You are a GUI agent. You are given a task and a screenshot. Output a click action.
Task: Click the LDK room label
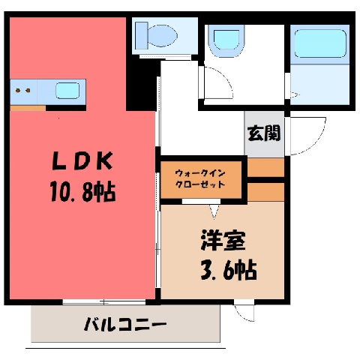[x=82, y=161]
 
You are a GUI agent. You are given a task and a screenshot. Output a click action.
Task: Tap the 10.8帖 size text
[x=83, y=192]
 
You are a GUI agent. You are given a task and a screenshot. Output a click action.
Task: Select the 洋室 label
[x=223, y=241]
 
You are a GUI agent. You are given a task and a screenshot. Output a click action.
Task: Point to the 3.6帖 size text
[x=229, y=270]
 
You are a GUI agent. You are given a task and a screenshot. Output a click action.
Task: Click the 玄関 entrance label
[x=264, y=133]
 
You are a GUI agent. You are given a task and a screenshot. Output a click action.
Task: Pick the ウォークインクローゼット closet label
[x=200, y=178]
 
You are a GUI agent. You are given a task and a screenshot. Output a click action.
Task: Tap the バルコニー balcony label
[x=125, y=324]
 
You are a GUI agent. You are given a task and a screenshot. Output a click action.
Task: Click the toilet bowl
[x=163, y=35]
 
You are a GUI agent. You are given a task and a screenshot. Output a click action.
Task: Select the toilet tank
[x=142, y=35]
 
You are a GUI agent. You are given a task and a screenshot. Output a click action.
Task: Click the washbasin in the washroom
[x=226, y=40]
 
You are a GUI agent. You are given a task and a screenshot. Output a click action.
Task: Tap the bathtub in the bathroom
[x=320, y=43]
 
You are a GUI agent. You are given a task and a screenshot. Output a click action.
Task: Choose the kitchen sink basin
[x=67, y=91]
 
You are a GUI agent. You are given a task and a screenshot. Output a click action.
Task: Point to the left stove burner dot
[x=18, y=90]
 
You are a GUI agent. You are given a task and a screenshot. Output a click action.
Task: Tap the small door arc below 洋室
[x=242, y=315]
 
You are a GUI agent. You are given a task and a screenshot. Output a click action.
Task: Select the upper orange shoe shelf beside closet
[x=266, y=167]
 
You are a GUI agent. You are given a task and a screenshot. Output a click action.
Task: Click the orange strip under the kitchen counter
[x=28, y=108]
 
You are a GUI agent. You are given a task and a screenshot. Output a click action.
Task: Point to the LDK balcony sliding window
[x=104, y=302]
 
